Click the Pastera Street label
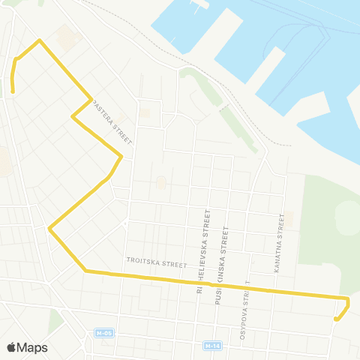point(112,123)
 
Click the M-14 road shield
point(212,346)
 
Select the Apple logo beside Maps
point(11,347)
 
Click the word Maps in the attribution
point(32,347)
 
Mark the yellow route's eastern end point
point(336,319)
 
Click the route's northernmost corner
point(39,40)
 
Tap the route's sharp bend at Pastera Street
point(73,117)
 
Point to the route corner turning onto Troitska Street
point(85,271)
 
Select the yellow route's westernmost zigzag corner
point(49,228)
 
